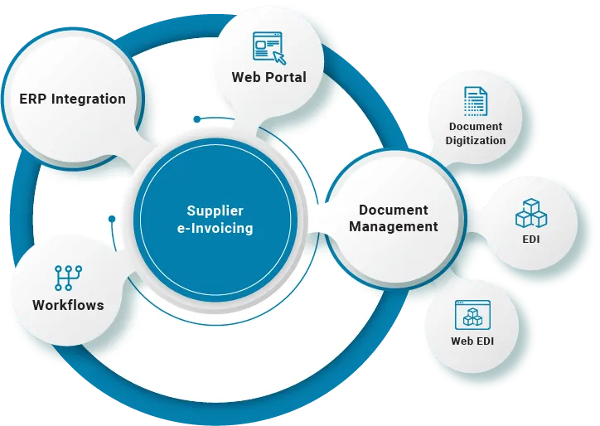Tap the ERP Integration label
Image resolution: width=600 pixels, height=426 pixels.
(73, 99)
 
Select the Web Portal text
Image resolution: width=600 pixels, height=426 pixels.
(269, 77)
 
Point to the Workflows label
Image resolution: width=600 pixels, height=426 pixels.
(68, 305)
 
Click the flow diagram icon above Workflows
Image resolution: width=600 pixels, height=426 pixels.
(68, 277)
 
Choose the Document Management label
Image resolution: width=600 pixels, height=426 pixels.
(394, 218)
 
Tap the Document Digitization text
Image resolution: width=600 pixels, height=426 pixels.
(476, 133)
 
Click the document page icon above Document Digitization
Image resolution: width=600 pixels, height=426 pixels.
(476, 101)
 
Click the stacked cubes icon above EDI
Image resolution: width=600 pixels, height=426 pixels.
(531, 212)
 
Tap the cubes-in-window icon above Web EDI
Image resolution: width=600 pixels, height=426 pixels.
(472, 315)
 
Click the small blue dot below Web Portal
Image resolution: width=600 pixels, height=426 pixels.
(196, 119)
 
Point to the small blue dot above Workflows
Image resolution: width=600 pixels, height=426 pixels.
(112, 219)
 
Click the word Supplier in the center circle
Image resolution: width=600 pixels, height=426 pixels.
(215, 211)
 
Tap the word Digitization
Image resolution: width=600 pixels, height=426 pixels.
(476, 140)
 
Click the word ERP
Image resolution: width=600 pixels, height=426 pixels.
(33, 99)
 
